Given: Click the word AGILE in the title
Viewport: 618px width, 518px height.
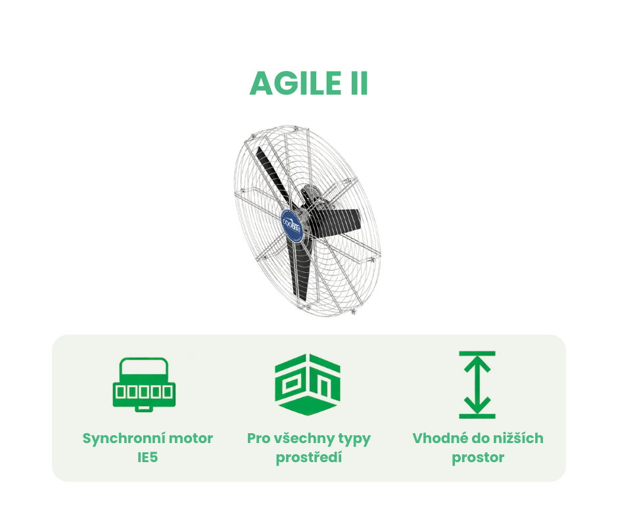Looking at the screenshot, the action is coord(296,83).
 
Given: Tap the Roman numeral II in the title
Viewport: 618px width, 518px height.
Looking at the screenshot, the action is coord(359,83).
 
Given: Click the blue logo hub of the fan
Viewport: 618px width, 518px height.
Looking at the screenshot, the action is coord(293,226).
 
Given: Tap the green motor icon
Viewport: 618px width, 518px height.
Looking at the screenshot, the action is coord(144,385).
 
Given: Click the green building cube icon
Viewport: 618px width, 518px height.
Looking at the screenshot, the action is coord(308,385).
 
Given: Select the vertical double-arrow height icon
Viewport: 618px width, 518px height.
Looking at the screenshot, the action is coord(477,385).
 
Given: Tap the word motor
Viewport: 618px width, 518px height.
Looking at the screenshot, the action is coord(191,438).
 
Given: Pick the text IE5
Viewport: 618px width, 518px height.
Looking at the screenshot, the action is coord(147,458).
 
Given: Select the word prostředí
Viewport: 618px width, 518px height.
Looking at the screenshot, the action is coord(308,458).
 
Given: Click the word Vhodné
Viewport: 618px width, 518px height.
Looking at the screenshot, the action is coord(440,438).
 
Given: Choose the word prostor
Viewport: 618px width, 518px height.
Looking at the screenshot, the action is coord(478,458).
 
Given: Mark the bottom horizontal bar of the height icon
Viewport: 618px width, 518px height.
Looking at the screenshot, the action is coord(477,416).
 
